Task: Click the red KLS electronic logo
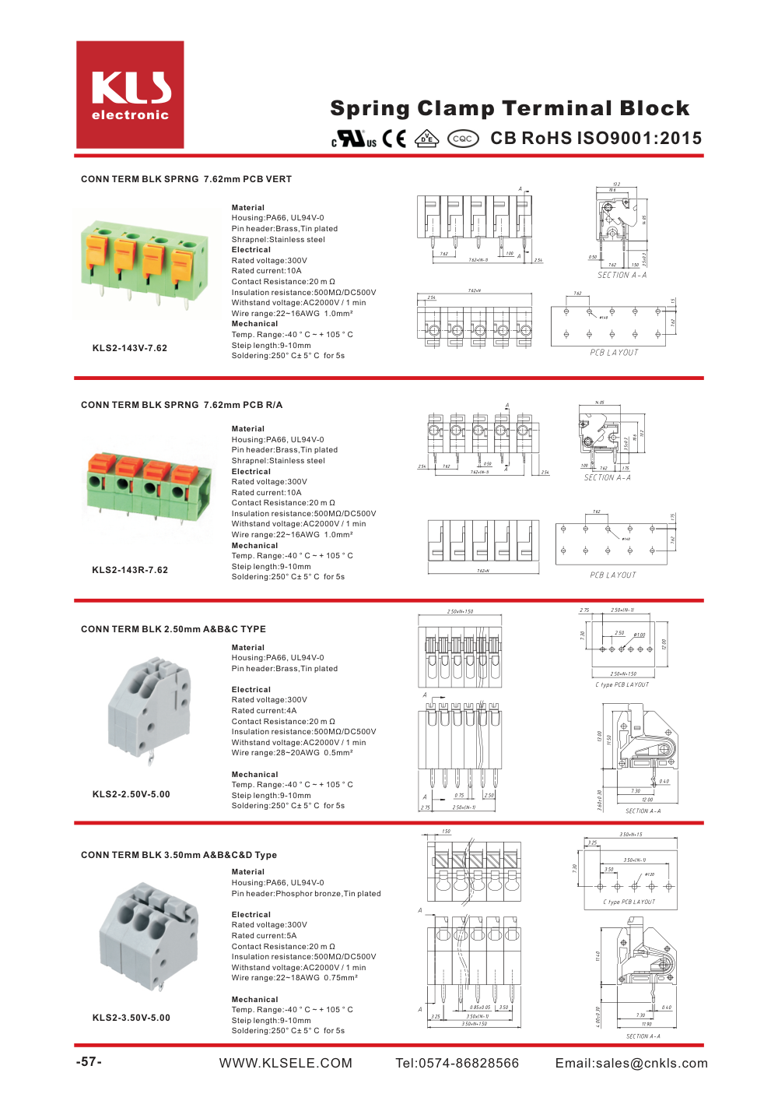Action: point(130,95)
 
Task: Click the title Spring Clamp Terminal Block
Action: point(510,108)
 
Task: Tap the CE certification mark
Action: point(394,139)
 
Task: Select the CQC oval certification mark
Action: point(462,139)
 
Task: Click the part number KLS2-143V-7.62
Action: point(130,348)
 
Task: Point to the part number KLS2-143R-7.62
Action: point(130,570)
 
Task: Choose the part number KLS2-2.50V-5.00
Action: point(131,794)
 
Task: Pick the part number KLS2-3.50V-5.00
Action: point(131,1018)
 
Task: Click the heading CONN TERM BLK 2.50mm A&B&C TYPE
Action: point(173,629)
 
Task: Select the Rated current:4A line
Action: point(264,711)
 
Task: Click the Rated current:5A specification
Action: point(264,936)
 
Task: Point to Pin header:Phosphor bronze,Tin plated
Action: point(306,894)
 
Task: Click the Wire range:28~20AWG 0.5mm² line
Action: point(292,753)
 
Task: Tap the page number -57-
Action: point(89,1062)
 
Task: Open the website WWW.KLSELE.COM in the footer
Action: point(286,1064)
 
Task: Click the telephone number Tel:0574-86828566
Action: point(457,1064)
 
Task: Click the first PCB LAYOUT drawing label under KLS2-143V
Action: point(614,353)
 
